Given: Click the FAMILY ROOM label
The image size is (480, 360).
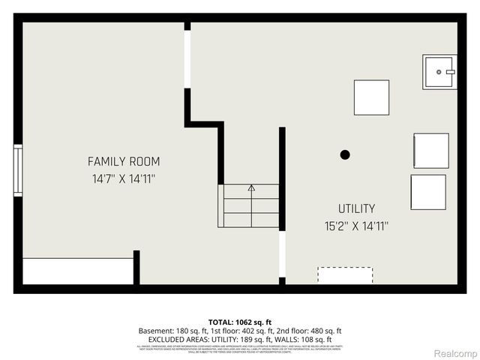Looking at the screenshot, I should pyautogui.click(x=124, y=161).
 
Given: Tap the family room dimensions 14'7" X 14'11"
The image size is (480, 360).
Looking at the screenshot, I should pyautogui.click(x=124, y=179).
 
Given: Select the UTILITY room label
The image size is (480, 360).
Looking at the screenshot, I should pyautogui.click(x=356, y=208).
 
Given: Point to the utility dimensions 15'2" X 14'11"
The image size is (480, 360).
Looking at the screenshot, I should pyautogui.click(x=356, y=225).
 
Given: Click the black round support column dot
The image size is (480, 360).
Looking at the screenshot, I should pyautogui.click(x=345, y=154).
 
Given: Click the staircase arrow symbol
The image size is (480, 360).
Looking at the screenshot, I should pyautogui.click(x=251, y=187).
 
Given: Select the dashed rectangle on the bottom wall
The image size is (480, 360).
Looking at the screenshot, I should pyautogui.click(x=345, y=274).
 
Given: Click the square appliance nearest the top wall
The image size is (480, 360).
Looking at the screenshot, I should pyautogui.click(x=371, y=97).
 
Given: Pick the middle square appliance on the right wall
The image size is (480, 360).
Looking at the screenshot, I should pyautogui.click(x=431, y=151).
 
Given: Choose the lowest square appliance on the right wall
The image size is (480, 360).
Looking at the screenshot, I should pyautogui.click(x=428, y=192).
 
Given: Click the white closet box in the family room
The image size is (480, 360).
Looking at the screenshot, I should pyautogui.click(x=78, y=271).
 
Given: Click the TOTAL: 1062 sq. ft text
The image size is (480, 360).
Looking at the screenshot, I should pyautogui.click(x=240, y=322).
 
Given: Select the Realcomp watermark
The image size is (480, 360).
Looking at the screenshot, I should pyautogui.click(x=456, y=353).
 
